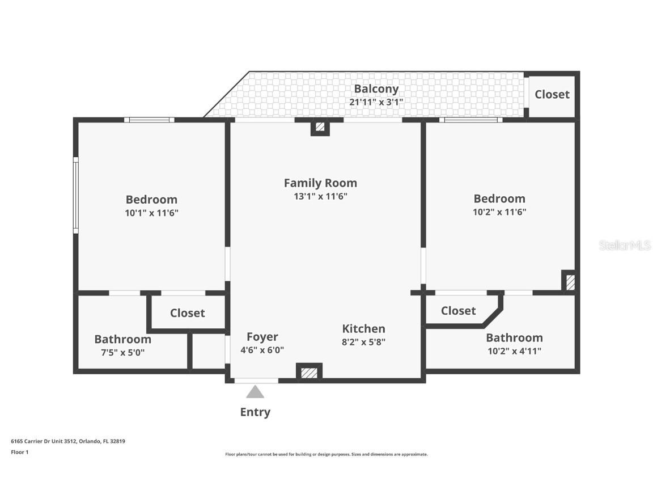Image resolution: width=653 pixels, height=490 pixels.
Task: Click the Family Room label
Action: [x=320, y=183]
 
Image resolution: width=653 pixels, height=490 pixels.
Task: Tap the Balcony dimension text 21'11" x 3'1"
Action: [x=376, y=102]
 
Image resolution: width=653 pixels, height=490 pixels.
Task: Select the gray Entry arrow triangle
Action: [x=255, y=392]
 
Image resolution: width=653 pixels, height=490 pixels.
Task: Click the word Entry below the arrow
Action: [x=255, y=412]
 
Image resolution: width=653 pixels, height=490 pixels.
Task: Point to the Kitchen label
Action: [x=363, y=329]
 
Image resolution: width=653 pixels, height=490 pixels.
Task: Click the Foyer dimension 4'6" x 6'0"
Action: [x=262, y=350]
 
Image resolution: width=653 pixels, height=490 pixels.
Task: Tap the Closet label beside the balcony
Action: [x=552, y=95]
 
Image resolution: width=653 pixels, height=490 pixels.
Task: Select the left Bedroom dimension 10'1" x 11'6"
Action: [x=151, y=213]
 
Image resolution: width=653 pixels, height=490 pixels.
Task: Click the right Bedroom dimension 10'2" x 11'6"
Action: [x=499, y=212]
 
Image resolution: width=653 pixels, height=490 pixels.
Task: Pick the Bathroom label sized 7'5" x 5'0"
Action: [x=122, y=339]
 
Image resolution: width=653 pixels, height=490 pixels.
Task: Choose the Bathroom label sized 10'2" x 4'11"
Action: [x=514, y=337]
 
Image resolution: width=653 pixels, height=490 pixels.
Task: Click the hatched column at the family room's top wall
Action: [x=320, y=127]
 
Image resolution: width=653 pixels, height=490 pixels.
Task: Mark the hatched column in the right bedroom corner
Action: [x=570, y=282]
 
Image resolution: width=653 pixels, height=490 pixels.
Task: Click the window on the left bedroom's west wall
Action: [x=75, y=195]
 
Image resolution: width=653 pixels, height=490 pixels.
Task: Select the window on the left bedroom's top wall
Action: [x=150, y=120]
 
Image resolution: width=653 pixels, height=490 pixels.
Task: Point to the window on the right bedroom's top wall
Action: [x=470, y=120]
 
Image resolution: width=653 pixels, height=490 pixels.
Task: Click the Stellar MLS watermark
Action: [x=625, y=245]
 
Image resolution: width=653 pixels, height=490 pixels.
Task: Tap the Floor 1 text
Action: [x=19, y=452]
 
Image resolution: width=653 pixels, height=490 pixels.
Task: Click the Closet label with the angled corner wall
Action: [x=458, y=311]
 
